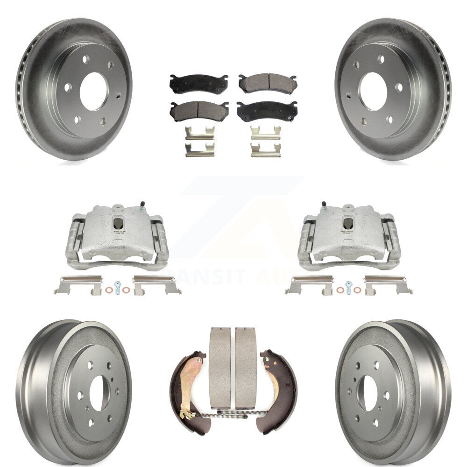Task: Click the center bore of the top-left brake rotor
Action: click(x=94, y=91)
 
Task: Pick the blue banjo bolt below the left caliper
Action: click(x=117, y=288)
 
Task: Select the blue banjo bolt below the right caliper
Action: click(x=348, y=287)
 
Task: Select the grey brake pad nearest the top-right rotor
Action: click(x=268, y=83)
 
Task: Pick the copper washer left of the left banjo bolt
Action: click(x=108, y=290)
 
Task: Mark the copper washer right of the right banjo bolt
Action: click(x=357, y=290)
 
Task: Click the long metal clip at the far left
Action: click(x=78, y=284)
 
